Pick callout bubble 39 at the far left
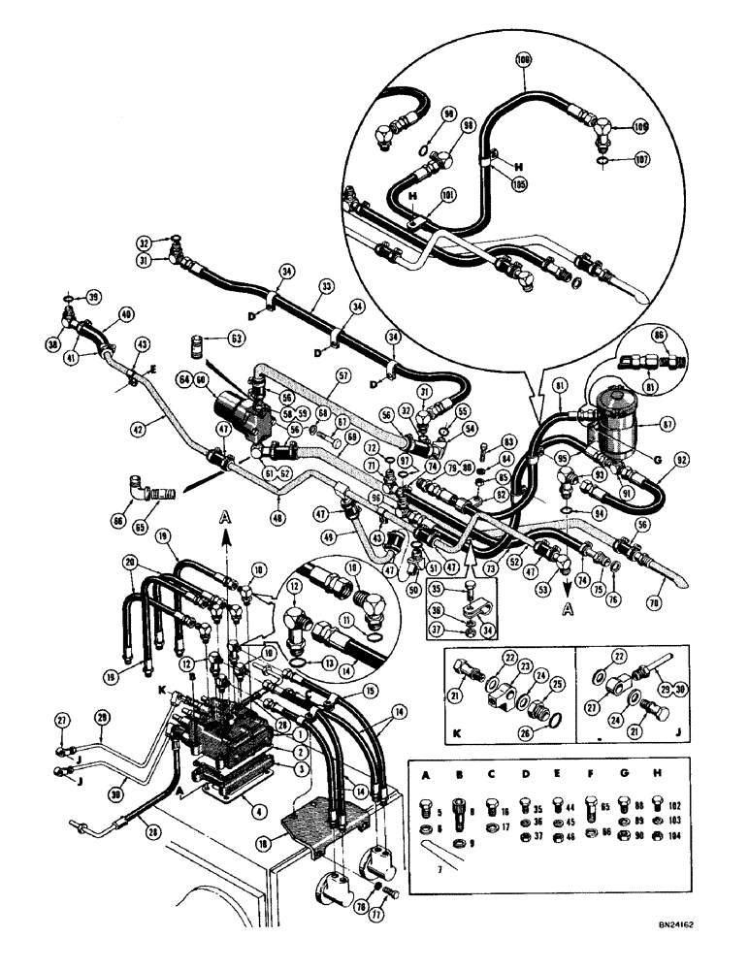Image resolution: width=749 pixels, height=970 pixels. point(93,296)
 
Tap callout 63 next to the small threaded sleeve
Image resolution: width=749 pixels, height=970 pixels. point(237,340)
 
